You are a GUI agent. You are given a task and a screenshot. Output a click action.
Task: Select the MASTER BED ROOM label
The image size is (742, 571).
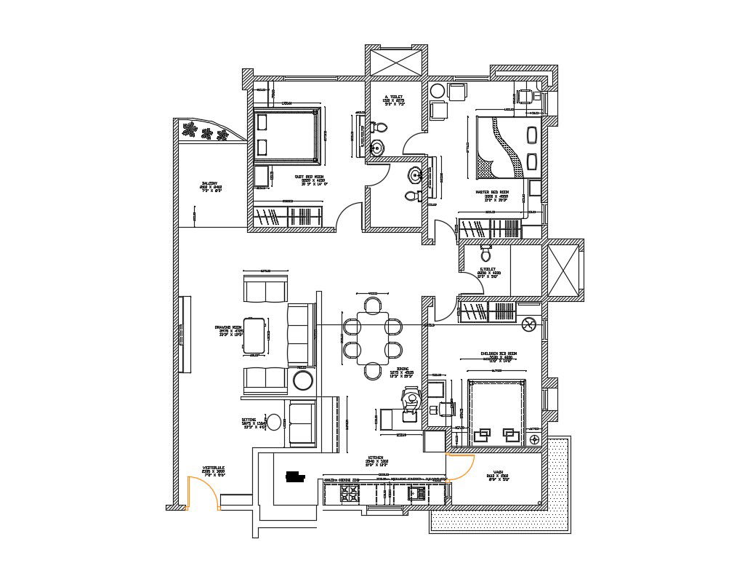tap(491, 193)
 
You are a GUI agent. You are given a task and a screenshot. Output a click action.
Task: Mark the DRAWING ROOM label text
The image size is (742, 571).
tap(227, 328)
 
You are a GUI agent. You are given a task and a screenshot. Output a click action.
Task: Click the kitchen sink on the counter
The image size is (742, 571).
tap(419, 493)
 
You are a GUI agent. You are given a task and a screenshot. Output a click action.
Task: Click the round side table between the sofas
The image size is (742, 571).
tap(302, 380)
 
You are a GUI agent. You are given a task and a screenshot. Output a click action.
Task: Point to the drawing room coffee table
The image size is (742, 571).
tap(254, 335)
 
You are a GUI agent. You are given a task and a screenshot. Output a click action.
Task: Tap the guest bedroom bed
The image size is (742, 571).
tap(287, 135)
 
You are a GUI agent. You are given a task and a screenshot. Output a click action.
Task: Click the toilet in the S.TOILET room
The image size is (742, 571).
tap(486, 254)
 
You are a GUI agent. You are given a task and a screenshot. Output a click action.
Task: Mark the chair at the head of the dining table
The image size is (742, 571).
tap(372, 302)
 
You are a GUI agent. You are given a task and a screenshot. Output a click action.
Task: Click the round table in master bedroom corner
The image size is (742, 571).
tap(437, 91)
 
